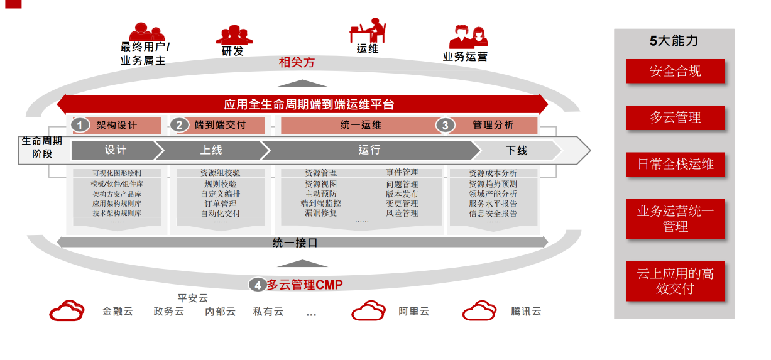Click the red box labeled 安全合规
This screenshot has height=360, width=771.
pos(675,71)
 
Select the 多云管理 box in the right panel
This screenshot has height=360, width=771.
pos(675,117)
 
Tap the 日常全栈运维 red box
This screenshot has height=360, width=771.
pos(675,165)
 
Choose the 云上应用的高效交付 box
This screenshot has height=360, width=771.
pos(675,281)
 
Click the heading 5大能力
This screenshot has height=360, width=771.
pos(674,41)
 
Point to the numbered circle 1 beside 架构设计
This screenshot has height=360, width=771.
pos(80,125)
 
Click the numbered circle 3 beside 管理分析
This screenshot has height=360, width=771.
pos(445,125)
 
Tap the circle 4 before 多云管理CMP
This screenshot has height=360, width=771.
pos(256,285)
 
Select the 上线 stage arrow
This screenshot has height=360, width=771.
pos(211,150)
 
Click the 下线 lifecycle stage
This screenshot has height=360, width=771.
pos(517,150)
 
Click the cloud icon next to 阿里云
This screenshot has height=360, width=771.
pos(368,311)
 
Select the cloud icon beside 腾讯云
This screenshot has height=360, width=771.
pos(479,311)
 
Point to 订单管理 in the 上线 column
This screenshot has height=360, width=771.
pos(221,204)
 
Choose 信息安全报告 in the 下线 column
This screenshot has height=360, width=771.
pos(493,214)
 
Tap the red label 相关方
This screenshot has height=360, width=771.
pos(297,63)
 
